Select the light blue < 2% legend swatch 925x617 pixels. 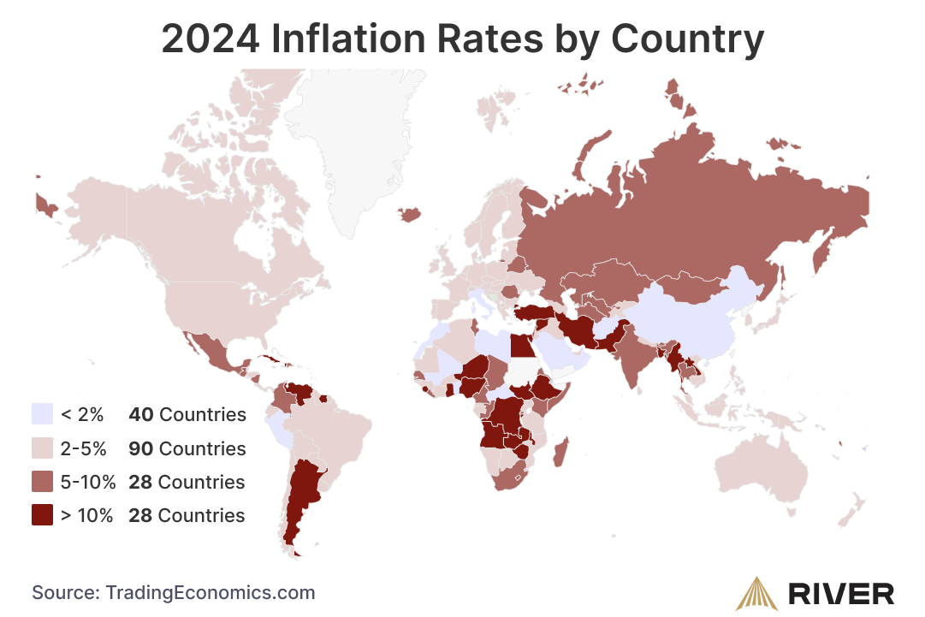[42, 415]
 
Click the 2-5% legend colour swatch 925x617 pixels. [42, 448]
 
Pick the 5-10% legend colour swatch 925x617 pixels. [42, 482]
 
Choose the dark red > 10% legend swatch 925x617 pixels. [42, 515]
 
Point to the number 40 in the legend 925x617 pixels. [141, 415]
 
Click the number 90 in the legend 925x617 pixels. [141, 448]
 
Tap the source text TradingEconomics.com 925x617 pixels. [210, 592]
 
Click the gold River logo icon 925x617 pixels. [758, 592]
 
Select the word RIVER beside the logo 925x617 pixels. [841, 593]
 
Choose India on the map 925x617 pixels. [633, 359]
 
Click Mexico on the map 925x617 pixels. [210, 351]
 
